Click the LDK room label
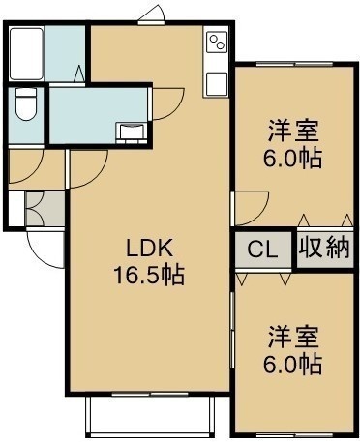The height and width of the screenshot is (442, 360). pos(149,249)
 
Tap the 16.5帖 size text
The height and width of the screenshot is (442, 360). pos(149,275)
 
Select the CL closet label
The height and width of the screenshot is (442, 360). pos(262,250)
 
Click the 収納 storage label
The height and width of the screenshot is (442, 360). pos(323,248)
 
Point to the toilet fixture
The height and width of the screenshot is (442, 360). pos(26,103)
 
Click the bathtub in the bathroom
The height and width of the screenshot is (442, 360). pos(26,54)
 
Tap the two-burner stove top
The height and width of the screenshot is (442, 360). pos(217,43)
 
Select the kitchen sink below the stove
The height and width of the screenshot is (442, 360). pos(217,84)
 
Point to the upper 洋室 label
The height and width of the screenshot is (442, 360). pos(293,131)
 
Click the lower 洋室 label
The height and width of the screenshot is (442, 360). pos(293,337)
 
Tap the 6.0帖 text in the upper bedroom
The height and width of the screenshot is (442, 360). pos(292,158)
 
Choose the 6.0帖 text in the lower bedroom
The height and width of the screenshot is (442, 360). pos(292,364)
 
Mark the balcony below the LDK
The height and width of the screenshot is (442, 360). pos(150,417)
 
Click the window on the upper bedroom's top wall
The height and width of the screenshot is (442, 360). pos(295,64)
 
